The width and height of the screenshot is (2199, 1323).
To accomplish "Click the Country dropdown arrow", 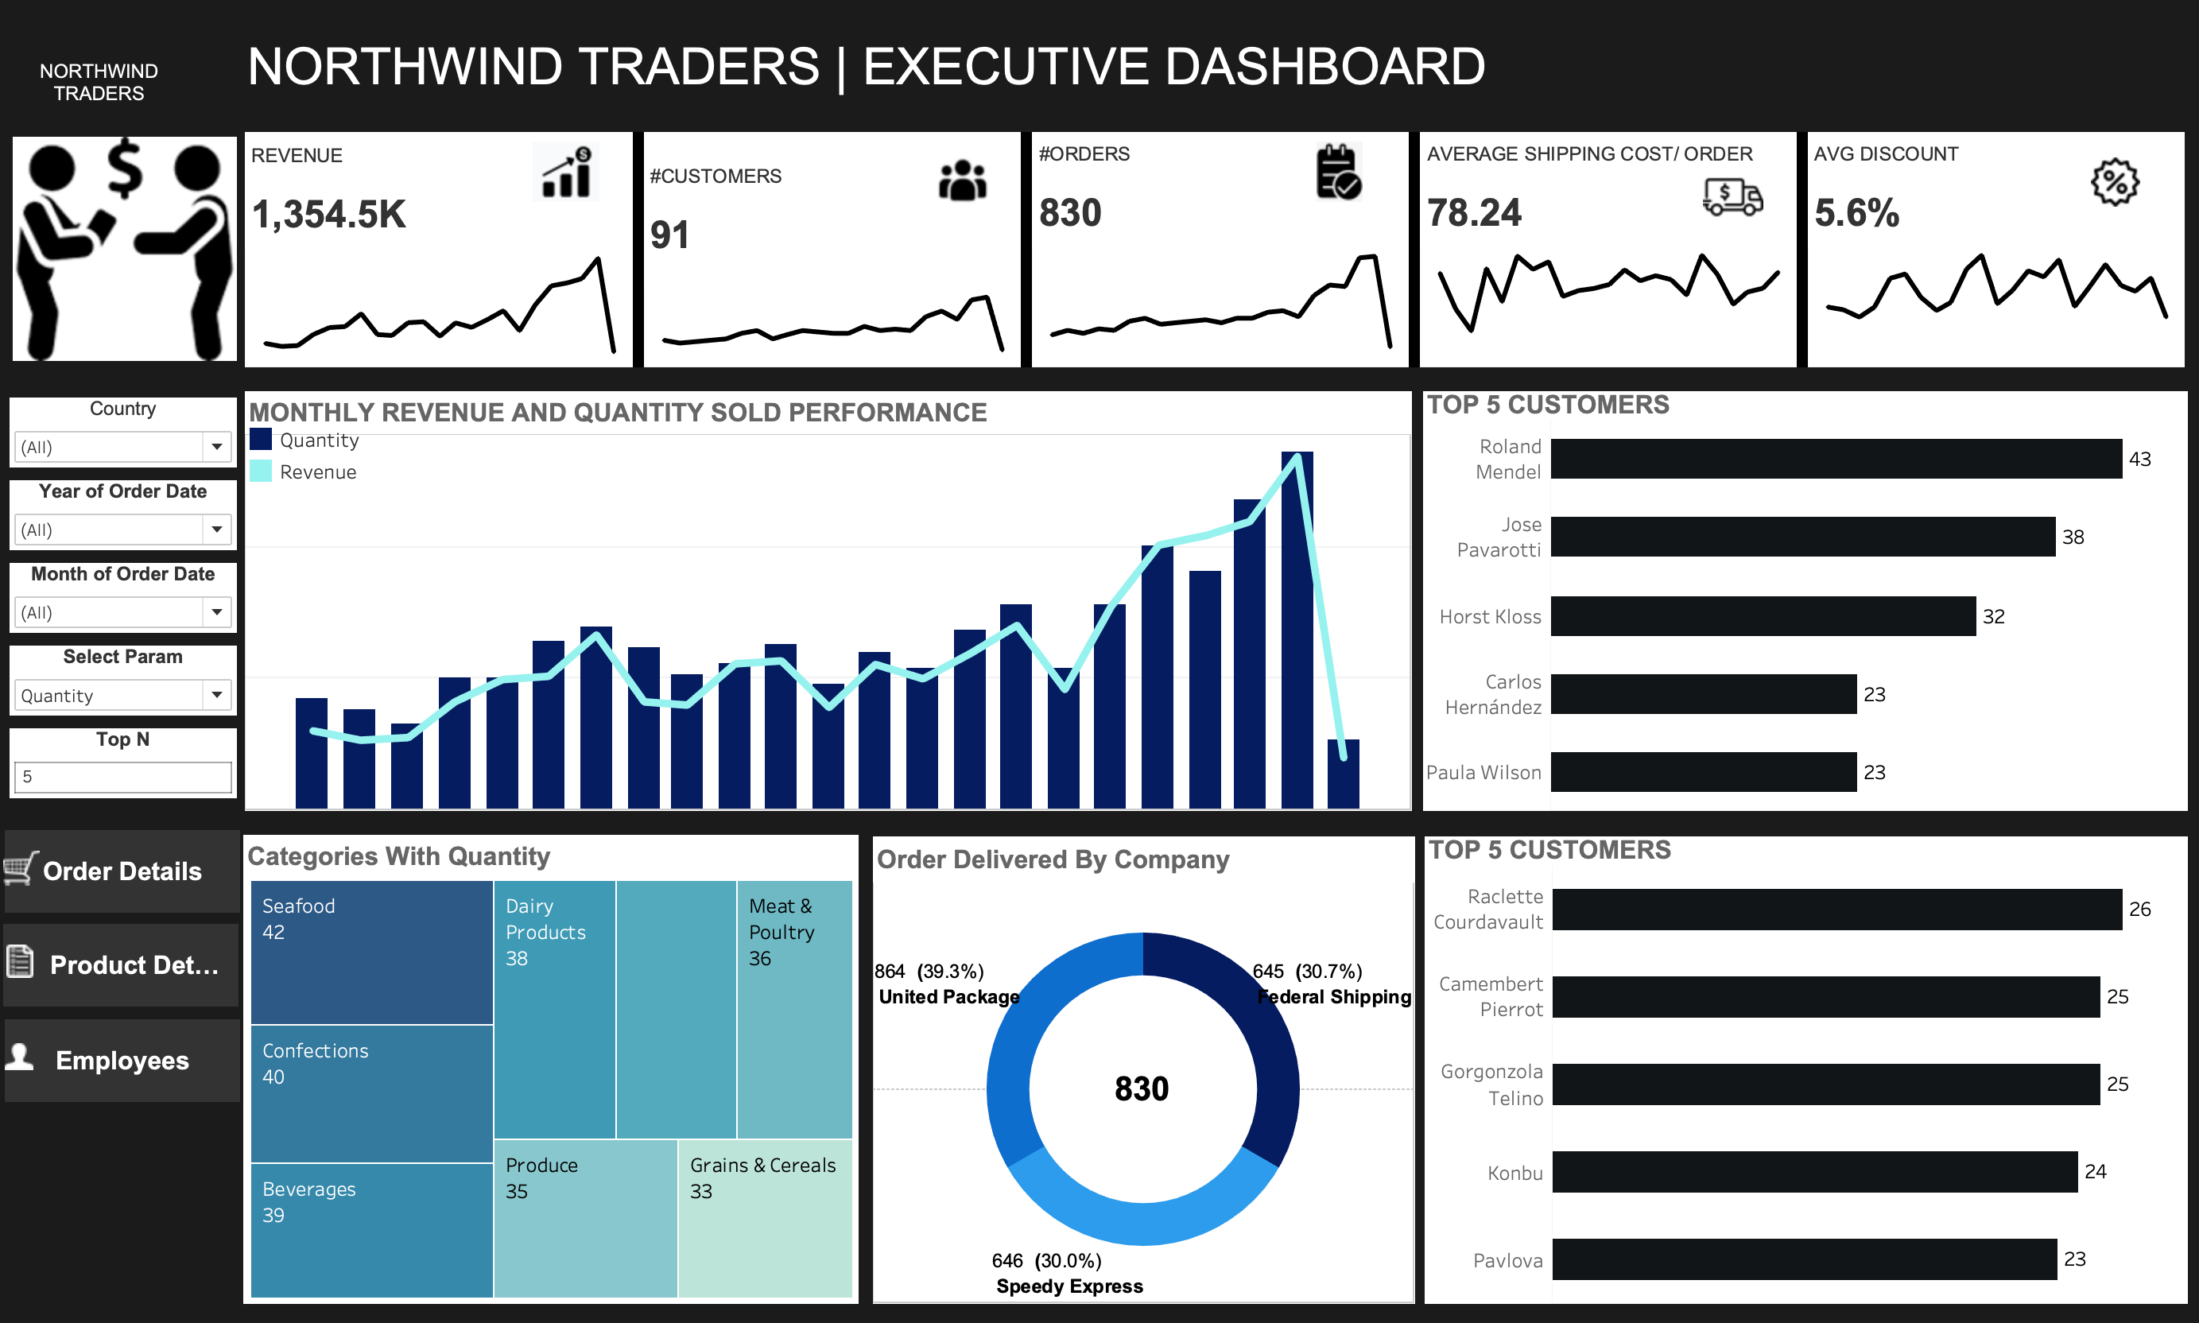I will (x=216, y=447).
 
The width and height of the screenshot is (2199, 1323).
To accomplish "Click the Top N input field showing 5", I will (x=122, y=777).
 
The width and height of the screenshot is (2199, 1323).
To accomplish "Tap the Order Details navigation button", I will (x=122, y=871).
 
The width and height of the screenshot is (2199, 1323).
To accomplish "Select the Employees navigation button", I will (x=122, y=1060).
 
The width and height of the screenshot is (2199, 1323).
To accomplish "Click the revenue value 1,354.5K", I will (x=329, y=215).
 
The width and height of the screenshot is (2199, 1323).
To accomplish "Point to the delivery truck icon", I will (x=1732, y=196).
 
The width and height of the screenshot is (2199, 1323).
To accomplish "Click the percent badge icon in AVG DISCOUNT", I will (x=2114, y=183).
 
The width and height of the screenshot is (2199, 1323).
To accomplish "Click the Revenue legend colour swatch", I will (x=260, y=471).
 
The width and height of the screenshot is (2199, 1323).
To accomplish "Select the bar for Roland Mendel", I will (x=1836, y=459).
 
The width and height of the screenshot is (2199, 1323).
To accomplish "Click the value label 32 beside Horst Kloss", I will (x=1993, y=617).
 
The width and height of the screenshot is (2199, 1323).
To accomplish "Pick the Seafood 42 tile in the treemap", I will (x=372, y=951).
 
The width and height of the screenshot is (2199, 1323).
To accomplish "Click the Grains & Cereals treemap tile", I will (x=765, y=1217).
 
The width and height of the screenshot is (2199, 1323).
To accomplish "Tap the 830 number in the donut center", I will (x=1142, y=1088).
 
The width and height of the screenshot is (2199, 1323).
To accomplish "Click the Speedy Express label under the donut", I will (x=1069, y=1286).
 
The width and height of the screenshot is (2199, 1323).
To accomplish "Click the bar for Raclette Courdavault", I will (x=1836, y=910).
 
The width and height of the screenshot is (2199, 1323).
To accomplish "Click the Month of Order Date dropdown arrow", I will (x=216, y=612).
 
